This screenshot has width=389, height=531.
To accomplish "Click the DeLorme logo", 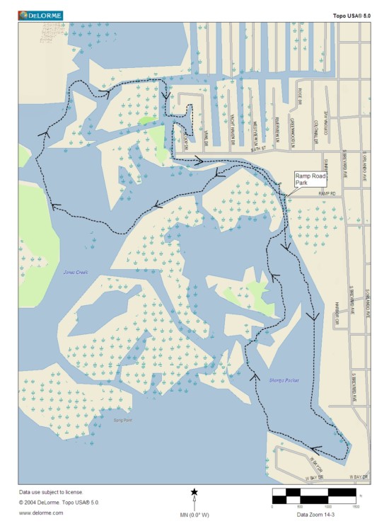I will pyautogui.click(x=40, y=14).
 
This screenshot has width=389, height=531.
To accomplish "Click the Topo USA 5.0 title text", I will pyautogui.click(x=352, y=15).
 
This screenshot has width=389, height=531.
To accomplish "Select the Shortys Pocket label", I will pyautogui.click(x=284, y=380).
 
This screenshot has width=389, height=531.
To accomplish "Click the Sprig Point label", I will pyautogui.click(x=123, y=420).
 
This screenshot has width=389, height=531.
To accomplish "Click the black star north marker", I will pyautogui.click(x=194, y=491).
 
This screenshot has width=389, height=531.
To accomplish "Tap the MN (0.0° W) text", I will pyautogui.click(x=194, y=514).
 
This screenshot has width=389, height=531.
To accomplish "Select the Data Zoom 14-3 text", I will pyautogui.click(x=315, y=515).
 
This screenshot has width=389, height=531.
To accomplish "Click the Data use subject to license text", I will pyautogui.click(x=51, y=491).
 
